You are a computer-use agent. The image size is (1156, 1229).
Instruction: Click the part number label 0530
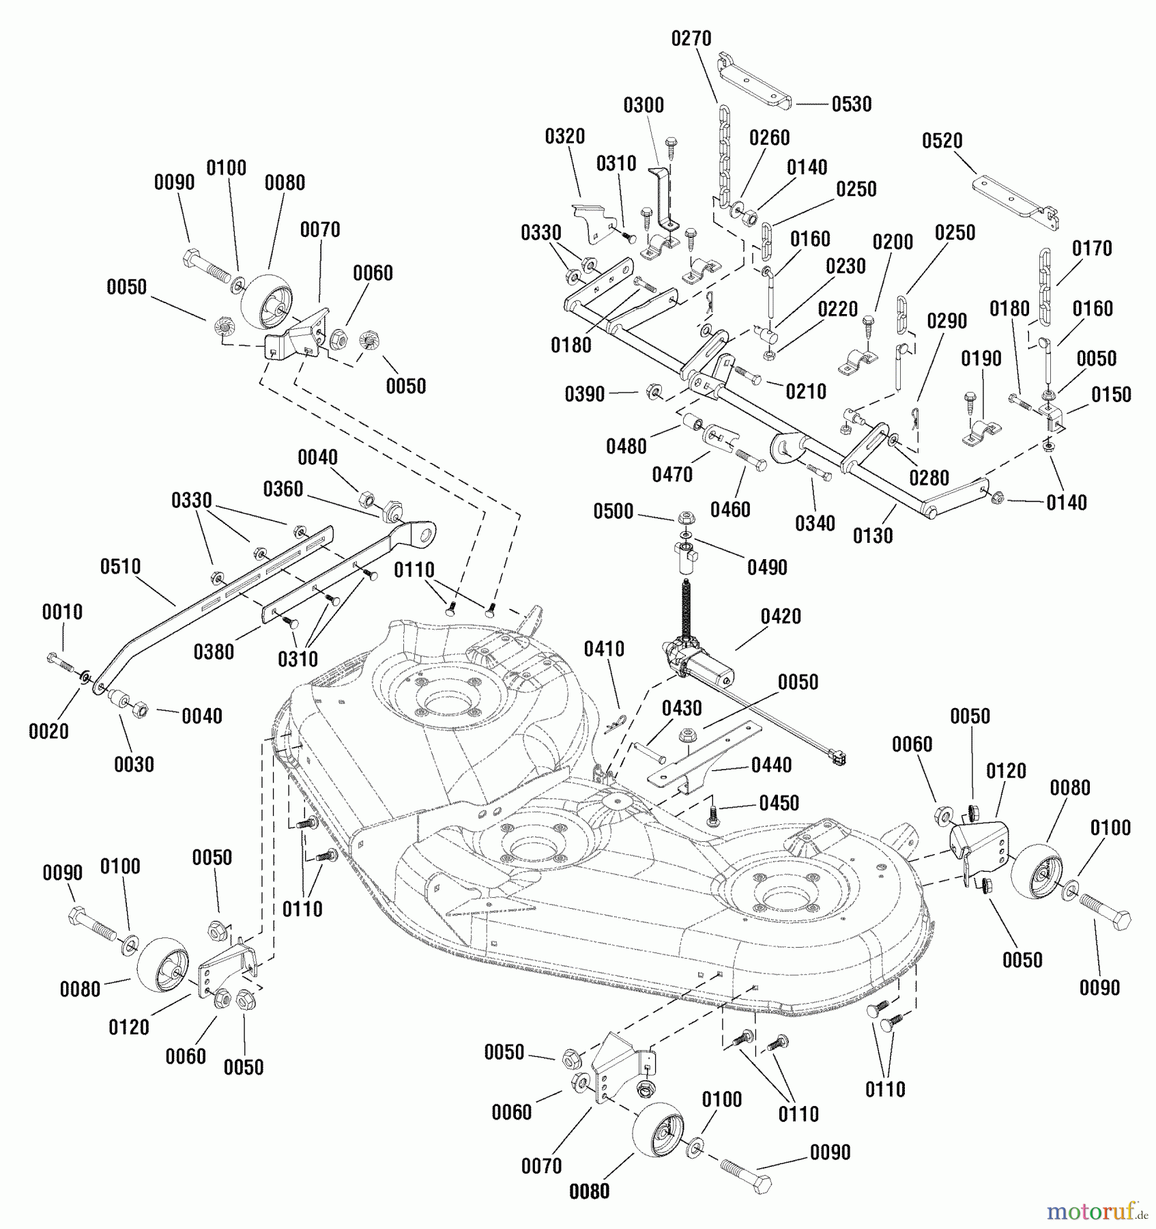pyautogui.click(x=852, y=104)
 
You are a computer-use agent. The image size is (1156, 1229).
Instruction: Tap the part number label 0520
pyautogui.click(x=942, y=141)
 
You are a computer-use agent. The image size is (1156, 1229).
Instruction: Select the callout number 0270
pyautogui.click(x=691, y=39)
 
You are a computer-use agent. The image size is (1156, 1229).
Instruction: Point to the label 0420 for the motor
pyautogui.click(x=781, y=617)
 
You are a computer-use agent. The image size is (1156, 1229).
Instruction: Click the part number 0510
pyautogui.click(x=120, y=567)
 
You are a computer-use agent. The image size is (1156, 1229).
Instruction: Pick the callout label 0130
pyautogui.click(x=873, y=536)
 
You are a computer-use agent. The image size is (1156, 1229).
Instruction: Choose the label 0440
pyautogui.click(x=771, y=765)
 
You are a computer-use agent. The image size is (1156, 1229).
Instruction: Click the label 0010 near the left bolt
pyautogui.click(x=62, y=612)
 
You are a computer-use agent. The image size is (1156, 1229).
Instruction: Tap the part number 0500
pyautogui.click(x=613, y=511)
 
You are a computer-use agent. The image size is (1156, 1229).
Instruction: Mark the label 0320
pyautogui.click(x=564, y=137)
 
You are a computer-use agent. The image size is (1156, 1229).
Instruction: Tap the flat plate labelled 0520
pyautogui.click(x=1013, y=199)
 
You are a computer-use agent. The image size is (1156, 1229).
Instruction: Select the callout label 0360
pyautogui.click(x=283, y=490)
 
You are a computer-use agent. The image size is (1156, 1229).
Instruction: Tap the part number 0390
pyautogui.click(x=584, y=395)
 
